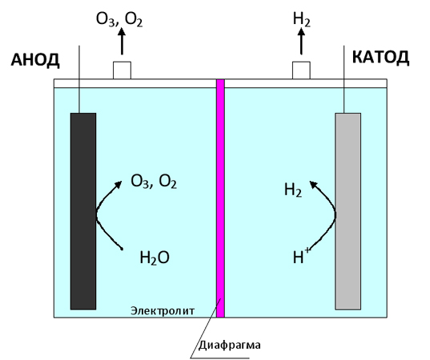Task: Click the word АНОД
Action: [35, 60]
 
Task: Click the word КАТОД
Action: [380, 58]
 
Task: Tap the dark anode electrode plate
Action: [83, 211]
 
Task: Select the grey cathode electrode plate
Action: [348, 211]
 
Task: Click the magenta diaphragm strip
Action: [220, 198]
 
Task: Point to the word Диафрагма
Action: [229, 345]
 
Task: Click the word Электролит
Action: [163, 311]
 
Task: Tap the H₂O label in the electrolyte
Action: [155, 258]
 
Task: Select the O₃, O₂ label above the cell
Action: [119, 19]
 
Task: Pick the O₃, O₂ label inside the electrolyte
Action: [154, 182]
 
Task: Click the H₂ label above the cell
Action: [302, 19]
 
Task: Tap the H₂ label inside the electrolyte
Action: [293, 190]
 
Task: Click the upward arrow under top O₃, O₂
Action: [122, 42]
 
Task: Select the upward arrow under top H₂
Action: [301, 42]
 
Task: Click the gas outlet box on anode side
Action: [122, 70]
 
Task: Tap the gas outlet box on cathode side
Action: [301, 70]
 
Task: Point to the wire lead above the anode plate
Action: [79, 79]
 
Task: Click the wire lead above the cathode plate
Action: [344, 79]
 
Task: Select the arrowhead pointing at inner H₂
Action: [313, 184]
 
